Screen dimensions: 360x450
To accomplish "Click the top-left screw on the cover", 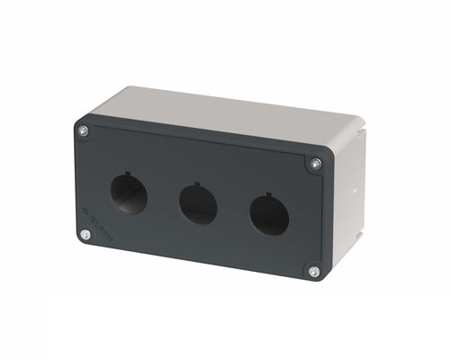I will (84, 131).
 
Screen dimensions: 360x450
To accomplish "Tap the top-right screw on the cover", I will (316, 164).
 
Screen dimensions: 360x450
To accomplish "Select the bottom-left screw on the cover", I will (85, 235).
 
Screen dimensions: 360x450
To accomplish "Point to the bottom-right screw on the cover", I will (313, 271).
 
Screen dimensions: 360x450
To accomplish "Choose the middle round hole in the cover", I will (198, 203).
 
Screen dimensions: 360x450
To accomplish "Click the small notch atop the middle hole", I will (200, 185).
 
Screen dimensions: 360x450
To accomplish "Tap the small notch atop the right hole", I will (271, 195).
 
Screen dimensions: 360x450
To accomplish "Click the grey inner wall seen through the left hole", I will (135, 199).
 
